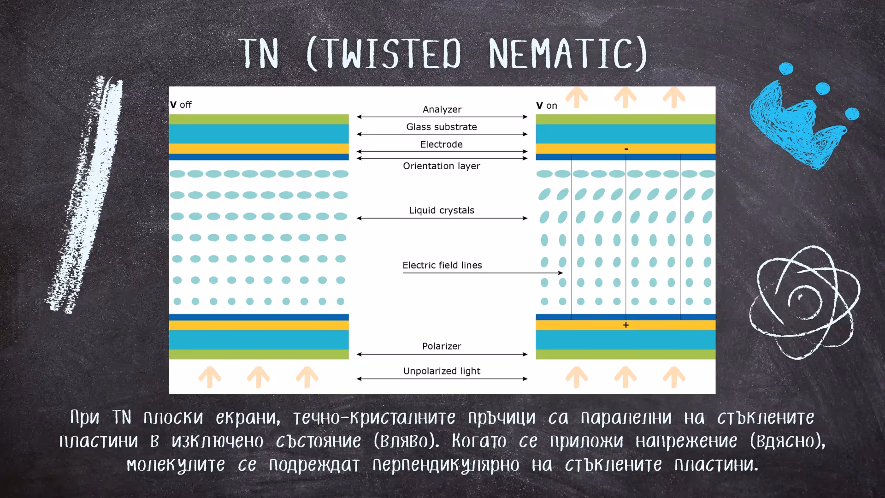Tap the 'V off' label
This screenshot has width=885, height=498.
point(181,105)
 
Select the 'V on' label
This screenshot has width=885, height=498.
point(547,106)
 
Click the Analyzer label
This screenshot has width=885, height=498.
point(442,109)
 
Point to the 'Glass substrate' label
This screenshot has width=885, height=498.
point(441,127)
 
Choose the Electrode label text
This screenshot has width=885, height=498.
point(441,144)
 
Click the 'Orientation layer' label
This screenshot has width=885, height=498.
point(441,166)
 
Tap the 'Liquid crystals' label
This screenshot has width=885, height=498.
point(441,210)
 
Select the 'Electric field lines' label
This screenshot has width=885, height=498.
point(442,265)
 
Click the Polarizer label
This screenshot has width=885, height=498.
point(441,346)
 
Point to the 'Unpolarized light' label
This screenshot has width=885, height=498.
point(441,371)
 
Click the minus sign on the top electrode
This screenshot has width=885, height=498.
point(626,149)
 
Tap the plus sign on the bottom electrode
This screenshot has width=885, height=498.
point(625,325)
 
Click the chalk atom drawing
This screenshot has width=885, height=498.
point(804,302)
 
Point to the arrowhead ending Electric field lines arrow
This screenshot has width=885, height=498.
point(560,273)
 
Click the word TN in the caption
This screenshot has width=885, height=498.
point(122,417)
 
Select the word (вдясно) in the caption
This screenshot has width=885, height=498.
point(787,441)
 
